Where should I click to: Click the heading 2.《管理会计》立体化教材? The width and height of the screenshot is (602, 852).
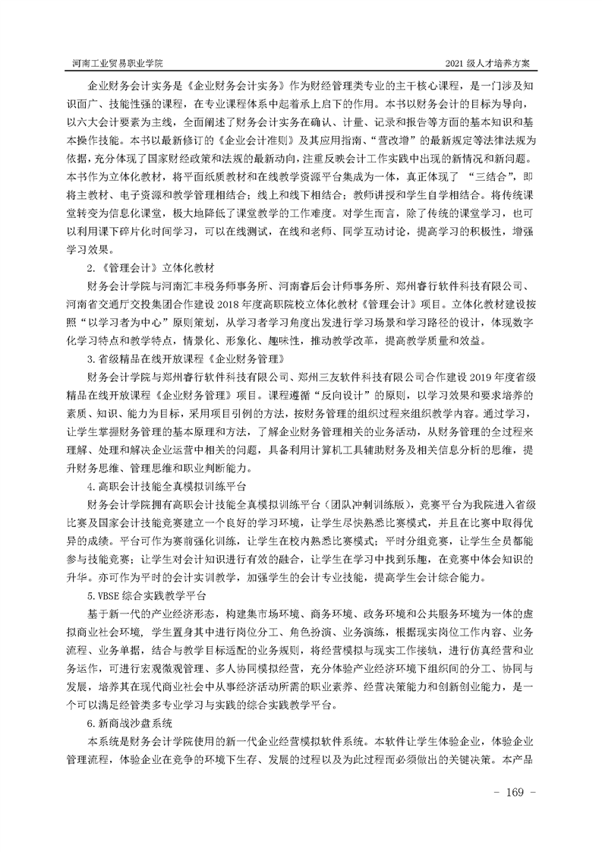pyautogui.click(x=152, y=268)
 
